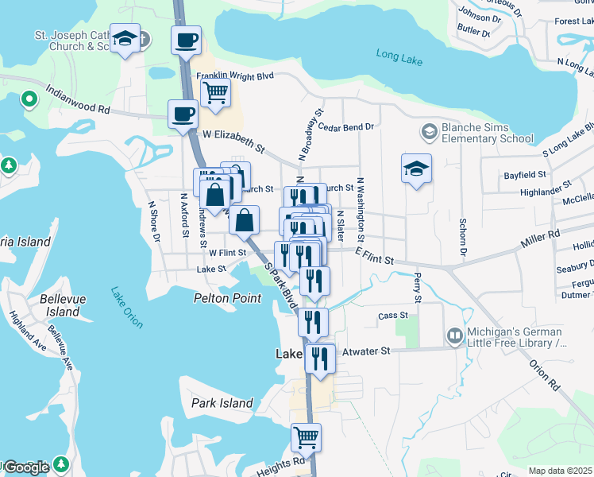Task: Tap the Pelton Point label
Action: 227,298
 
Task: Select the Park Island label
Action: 222,403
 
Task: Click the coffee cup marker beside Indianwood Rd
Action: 183,114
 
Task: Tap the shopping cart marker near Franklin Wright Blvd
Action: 215,92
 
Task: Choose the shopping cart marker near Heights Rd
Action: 306,436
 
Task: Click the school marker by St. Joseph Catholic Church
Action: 125,38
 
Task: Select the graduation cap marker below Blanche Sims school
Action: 416,169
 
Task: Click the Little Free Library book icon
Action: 454,337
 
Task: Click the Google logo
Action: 26,467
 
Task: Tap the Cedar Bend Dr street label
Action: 345,126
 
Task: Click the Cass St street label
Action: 392,316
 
